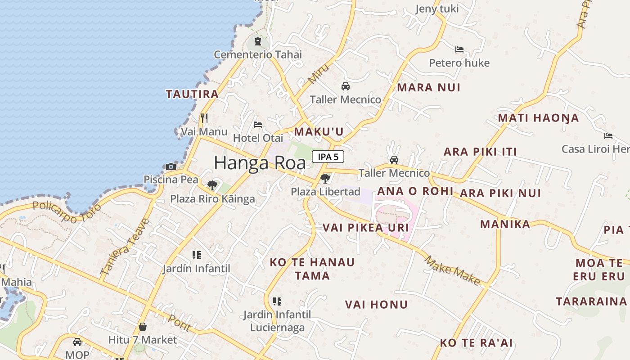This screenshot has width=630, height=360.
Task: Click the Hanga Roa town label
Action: click(260, 163)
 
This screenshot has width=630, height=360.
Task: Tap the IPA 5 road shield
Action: click(328, 157)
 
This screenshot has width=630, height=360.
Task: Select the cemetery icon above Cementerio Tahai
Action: click(257, 42)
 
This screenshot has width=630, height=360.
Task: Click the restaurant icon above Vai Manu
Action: click(204, 118)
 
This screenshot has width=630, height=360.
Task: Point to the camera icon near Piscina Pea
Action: click(171, 166)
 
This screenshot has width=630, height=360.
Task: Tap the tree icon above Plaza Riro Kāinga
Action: click(212, 185)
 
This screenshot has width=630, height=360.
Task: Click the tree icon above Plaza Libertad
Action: click(325, 179)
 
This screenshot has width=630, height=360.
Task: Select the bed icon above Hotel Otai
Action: click(258, 125)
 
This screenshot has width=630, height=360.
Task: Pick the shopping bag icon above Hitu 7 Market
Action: click(143, 326)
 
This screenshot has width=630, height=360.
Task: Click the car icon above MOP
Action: click(77, 342)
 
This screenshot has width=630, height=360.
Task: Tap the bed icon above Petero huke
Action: click(459, 49)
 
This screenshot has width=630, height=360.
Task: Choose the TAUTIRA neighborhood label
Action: click(192, 94)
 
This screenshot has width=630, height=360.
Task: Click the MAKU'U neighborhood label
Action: click(319, 131)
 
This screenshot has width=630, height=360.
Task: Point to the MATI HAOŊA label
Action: click(538, 118)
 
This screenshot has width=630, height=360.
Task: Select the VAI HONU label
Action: click(376, 305)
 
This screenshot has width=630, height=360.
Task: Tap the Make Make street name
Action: click(453, 270)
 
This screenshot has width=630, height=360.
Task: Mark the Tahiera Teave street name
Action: click(125, 247)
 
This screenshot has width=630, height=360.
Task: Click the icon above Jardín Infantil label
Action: click(196, 255)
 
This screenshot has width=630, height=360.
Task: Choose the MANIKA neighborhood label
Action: click(505, 224)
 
